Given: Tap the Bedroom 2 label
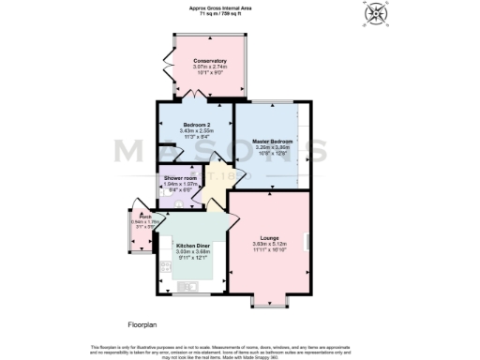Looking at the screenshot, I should pos(195,123).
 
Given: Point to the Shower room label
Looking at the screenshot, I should pos(179,178).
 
